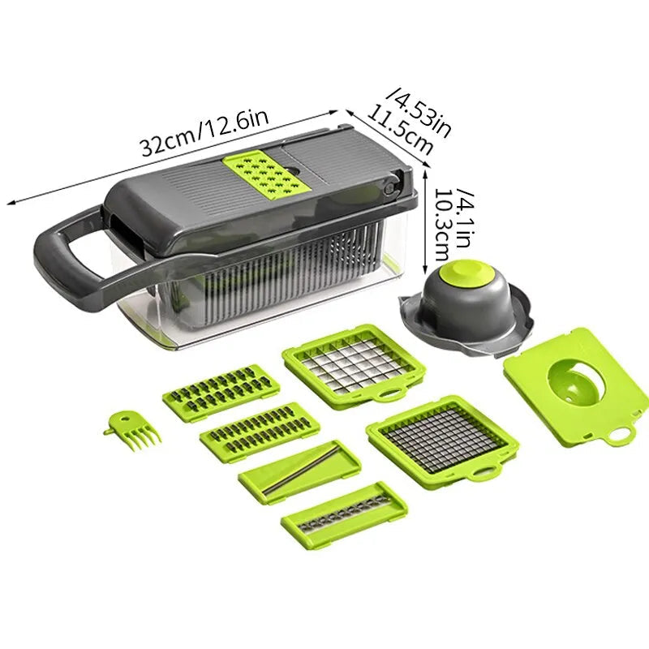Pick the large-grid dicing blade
[353, 363]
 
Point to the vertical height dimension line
[425, 219]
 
